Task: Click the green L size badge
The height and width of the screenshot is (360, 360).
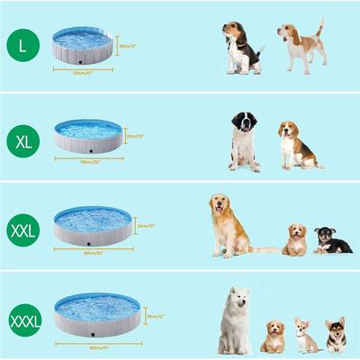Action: tap(22, 45)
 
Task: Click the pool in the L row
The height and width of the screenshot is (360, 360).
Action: tap(83, 46)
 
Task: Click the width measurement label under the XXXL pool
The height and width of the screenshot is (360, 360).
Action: tap(97, 346)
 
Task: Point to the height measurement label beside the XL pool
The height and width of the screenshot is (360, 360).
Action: tap(136, 136)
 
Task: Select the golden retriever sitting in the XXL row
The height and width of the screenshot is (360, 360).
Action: tap(227, 225)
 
